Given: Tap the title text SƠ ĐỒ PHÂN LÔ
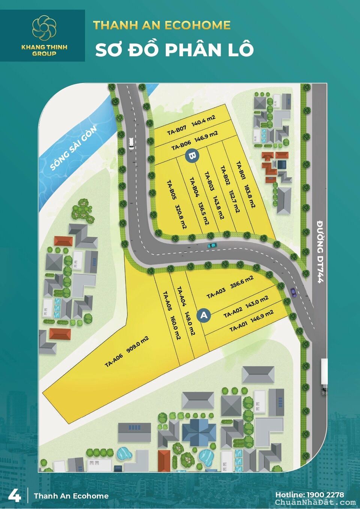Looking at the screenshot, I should pyautogui.click(x=174, y=50).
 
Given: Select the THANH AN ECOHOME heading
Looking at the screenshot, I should pyautogui.click(x=162, y=25).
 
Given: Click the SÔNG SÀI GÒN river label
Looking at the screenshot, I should pyautogui.click(x=73, y=147).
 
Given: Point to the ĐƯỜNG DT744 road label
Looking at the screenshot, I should pyautogui.click(x=320, y=251).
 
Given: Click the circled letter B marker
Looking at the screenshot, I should pyautogui.click(x=192, y=155).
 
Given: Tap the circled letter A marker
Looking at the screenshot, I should pyautogui.click(x=204, y=315).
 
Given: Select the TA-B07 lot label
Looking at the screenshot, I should pyautogui.click(x=177, y=130).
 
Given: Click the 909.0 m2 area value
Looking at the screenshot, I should pyautogui.click(x=138, y=344).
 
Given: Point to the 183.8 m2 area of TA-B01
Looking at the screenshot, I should pyautogui.click(x=250, y=196).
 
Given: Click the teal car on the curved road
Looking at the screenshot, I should pyautogui.click(x=212, y=245).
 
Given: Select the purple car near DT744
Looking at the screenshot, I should pyautogui.click(x=293, y=292).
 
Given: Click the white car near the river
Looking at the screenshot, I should pyautogui.click(x=131, y=143).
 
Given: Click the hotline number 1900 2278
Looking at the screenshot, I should pyautogui.click(x=325, y=495).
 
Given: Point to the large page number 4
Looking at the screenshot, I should pyautogui.click(x=14, y=495).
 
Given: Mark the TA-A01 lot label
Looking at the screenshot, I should pyautogui.click(x=238, y=327).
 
